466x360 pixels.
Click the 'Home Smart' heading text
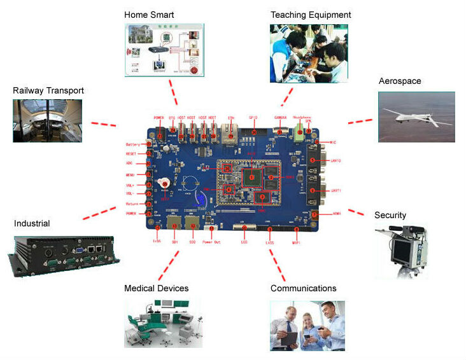click(x=149, y=15)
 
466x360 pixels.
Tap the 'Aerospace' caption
click(x=400, y=81)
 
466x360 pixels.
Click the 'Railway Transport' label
click(x=48, y=91)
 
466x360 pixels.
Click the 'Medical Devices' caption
click(x=156, y=289)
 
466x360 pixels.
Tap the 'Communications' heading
click(x=303, y=289)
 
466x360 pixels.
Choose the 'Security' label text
click(x=390, y=216)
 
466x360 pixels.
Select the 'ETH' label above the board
click(x=230, y=118)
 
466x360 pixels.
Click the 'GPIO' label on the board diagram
click(x=253, y=118)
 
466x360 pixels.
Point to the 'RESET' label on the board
click(x=132, y=154)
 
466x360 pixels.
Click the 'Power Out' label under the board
click(x=213, y=242)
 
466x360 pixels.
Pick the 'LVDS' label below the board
click(x=269, y=242)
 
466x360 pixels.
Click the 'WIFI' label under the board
click(x=296, y=242)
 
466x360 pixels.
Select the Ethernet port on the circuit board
click(x=232, y=135)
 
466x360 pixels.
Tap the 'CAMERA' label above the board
click(x=281, y=118)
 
